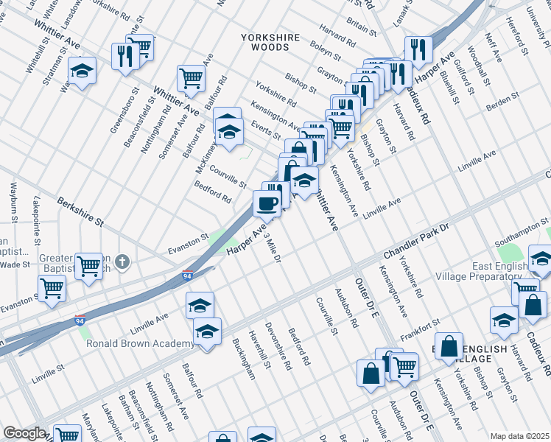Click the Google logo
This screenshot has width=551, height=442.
point(24,433)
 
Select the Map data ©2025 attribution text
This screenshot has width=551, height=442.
point(519,436)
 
